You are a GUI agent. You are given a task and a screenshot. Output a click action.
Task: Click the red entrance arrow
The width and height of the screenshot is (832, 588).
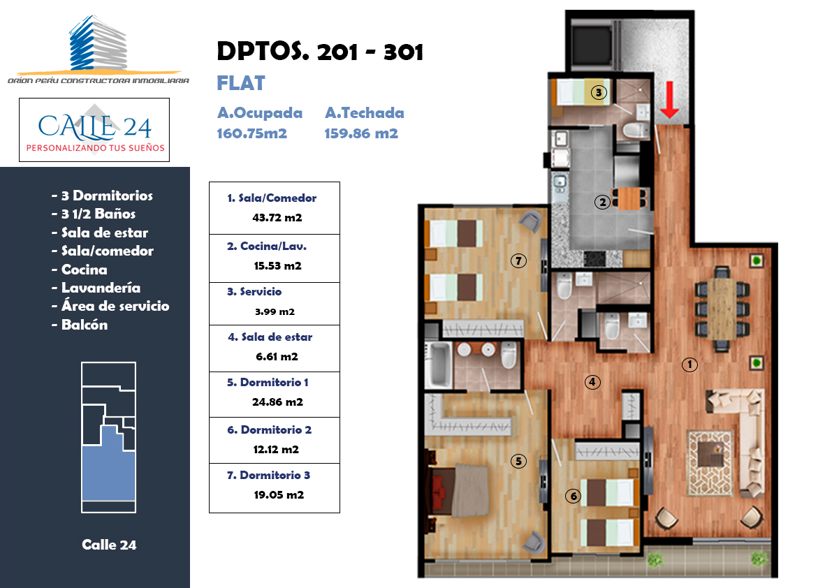(670, 99)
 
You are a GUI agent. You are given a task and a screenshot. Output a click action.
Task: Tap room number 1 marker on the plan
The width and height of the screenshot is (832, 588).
(689, 365)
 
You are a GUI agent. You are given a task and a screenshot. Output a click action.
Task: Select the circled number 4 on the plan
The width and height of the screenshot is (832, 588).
(592, 382)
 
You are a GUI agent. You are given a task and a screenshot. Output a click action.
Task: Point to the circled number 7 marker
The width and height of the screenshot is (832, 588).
(518, 261)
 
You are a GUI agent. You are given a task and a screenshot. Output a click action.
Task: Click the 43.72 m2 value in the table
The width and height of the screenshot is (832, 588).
(277, 217)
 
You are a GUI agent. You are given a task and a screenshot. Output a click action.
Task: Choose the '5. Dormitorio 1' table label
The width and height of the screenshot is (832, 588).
(268, 382)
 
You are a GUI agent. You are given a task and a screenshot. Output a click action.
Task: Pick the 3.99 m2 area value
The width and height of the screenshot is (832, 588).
(275, 311)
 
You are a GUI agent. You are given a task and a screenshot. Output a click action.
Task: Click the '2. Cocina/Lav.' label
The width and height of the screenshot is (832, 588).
(267, 246)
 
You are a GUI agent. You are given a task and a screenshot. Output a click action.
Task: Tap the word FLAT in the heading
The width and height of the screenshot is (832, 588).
(241, 83)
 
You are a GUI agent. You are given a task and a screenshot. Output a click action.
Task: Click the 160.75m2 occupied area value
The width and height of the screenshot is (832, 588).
(252, 133)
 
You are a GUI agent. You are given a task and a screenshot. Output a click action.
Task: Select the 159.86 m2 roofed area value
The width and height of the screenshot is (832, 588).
(361, 133)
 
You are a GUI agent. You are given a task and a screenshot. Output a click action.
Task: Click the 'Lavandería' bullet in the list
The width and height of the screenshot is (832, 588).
(96, 288)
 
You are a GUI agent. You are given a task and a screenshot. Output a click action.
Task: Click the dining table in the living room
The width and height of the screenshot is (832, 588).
(722, 309)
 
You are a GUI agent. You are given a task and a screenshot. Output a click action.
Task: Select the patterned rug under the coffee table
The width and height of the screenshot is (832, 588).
(710, 463)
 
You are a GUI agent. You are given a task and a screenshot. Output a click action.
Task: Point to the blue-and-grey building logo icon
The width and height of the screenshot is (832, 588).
(98, 43)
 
